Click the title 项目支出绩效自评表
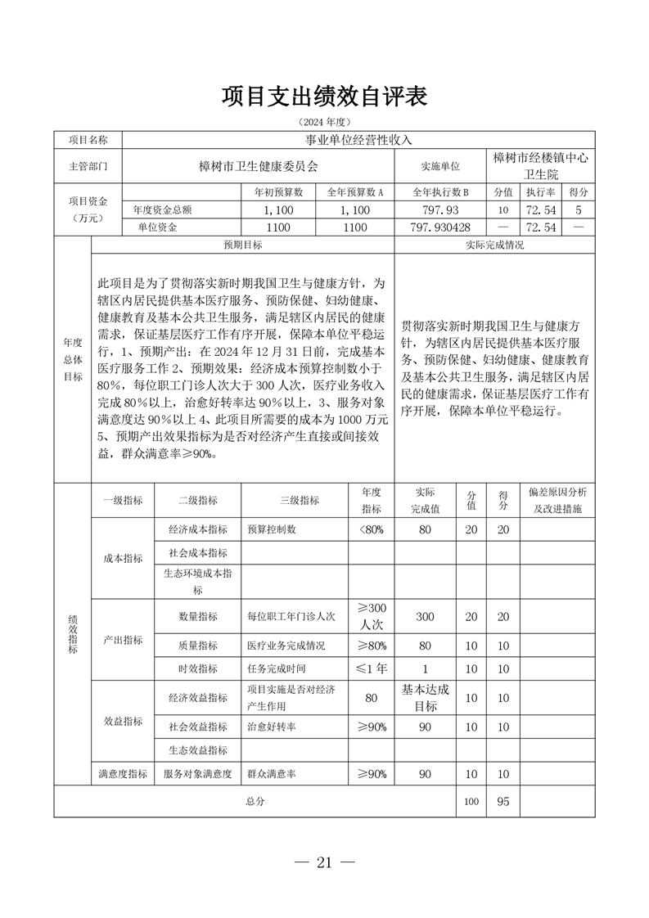pos(324,97)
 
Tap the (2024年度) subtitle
pos(324,122)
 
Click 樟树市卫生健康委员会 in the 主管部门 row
pos(258,165)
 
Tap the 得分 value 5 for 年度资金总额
pos(579,209)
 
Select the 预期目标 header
pos(243,245)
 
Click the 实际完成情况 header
pos(494,245)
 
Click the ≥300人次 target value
pos(372,616)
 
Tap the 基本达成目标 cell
pos(426,698)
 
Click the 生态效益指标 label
pos(197,749)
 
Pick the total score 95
pos(503,802)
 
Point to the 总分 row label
pos(255,802)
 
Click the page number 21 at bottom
pos(325,862)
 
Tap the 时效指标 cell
pos(197,668)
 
